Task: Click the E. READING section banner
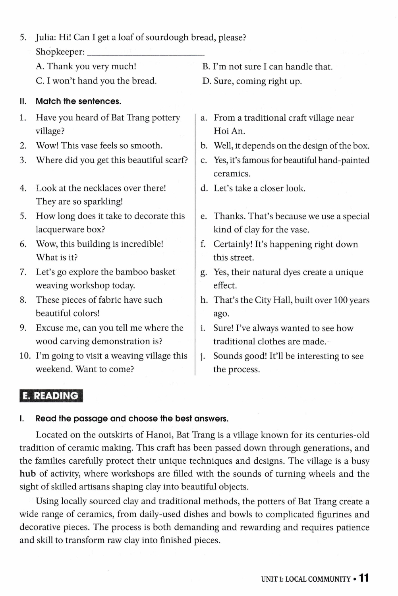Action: (51, 396)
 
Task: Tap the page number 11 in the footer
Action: (364, 578)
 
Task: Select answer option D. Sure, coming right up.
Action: (252, 81)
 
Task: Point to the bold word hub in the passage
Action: (27, 474)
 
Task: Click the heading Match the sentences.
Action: (78, 101)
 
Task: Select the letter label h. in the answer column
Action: (204, 300)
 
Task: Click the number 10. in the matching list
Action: (25, 356)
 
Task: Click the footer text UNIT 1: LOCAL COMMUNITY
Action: (305, 579)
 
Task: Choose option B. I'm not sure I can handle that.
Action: (267, 66)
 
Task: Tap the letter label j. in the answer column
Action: (203, 356)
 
